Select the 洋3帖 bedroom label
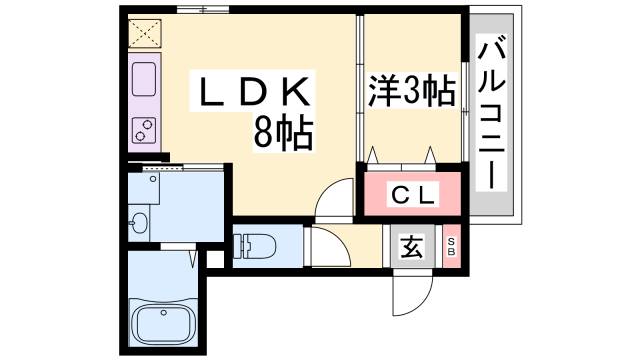[x=412, y=91]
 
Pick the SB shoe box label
[x=451, y=246]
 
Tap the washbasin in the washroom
[x=139, y=221]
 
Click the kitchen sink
[x=141, y=78]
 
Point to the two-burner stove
[x=141, y=128]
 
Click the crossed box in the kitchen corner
[x=144, y=34]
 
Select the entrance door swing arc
[x=410, y=292]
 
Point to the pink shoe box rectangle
[x=451, y=246]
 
